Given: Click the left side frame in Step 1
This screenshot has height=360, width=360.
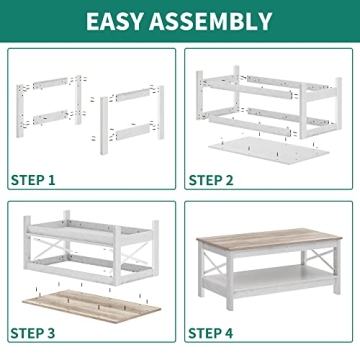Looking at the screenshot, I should click(x=48, y=110).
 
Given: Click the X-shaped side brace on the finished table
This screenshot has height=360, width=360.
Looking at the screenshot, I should click(x=327, y=273).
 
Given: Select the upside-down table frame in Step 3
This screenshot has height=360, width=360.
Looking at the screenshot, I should click(x=85, y=250).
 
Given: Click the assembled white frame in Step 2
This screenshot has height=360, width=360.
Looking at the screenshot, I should click(x=268, y=100).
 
